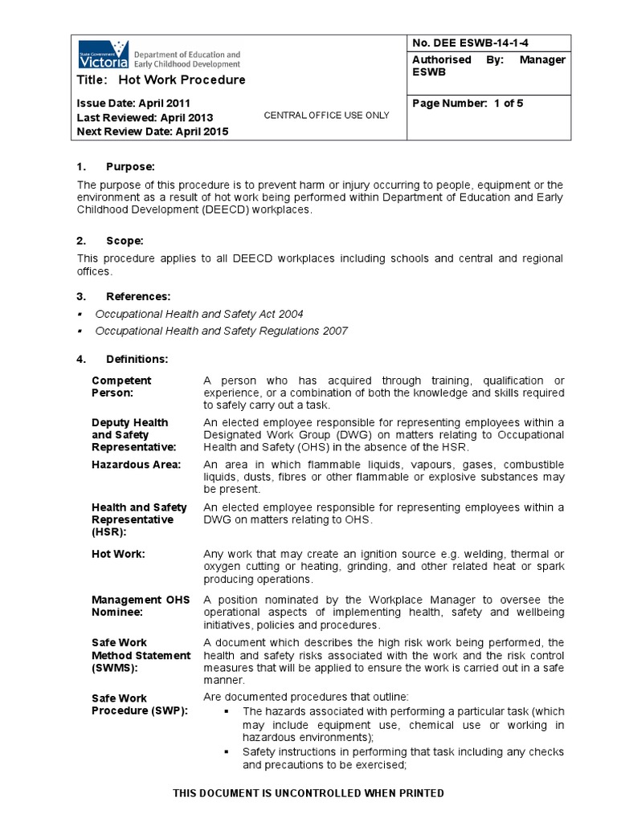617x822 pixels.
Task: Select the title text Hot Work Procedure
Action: [x=182, y=79]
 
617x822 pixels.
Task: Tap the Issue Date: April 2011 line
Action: [x=134, y=104]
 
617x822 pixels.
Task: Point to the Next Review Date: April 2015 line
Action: [x=152, y=132]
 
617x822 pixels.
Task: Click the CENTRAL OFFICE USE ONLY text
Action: [x=326, y=116]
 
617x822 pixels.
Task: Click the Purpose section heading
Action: [x=129, y=167]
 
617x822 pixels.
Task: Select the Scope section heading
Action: [x=125, y=240]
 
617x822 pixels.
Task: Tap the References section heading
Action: [x=137, y=296]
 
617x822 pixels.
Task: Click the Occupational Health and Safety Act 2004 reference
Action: [x=199, y=314]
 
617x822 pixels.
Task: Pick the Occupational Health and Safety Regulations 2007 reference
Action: [x=221, y=331]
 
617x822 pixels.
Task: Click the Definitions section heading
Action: [x=137, y=359]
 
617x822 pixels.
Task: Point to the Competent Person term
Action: [x=121, y=387]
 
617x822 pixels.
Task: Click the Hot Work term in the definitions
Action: [x=118, y=555]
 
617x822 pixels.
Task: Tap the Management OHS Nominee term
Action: [x=141, y=606]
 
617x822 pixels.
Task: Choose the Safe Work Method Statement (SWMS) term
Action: [x=141, y=655]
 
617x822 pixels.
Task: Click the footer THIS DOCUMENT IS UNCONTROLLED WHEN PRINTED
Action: [x=308, y=793]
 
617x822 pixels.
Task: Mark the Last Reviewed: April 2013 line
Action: [x=145, y=118]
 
